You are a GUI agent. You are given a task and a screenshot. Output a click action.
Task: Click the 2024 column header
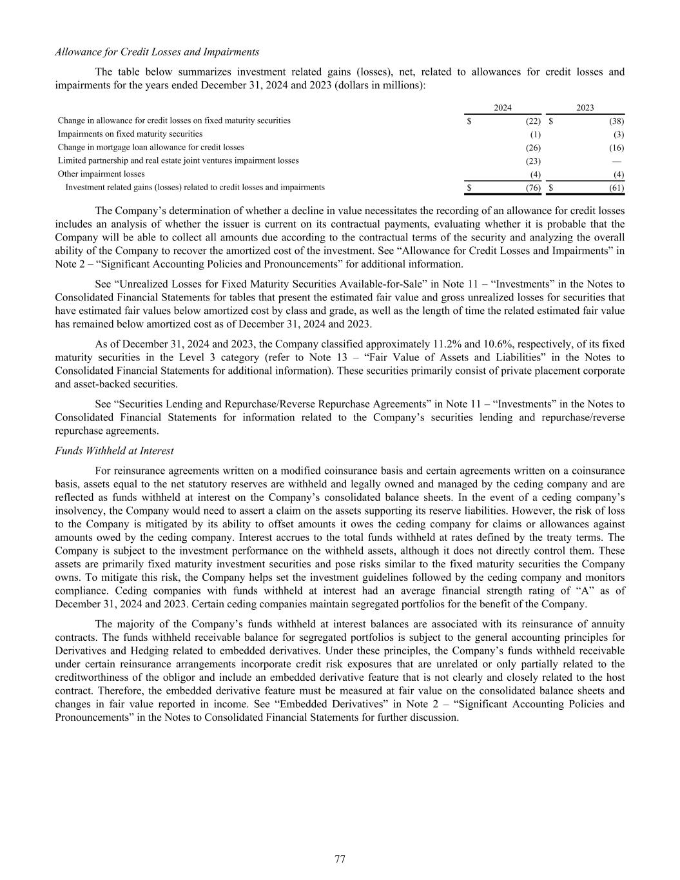click(x=503, y=108)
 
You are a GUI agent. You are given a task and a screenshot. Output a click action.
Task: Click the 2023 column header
click(x=585, y=108)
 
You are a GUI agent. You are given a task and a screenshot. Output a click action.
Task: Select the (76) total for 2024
click(x=533, y=188)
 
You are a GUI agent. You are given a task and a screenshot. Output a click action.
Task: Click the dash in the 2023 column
click(x=617, y=161)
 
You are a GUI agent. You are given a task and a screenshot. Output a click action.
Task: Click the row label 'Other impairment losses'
click(x=101, y=174)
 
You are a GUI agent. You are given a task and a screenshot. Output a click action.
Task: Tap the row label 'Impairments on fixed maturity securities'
click(x=130, y=134)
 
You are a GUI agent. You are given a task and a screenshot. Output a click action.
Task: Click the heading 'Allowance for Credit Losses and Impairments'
click(x=157, y=52)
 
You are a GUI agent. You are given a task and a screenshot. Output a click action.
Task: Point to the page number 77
click(x=340, y=859)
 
